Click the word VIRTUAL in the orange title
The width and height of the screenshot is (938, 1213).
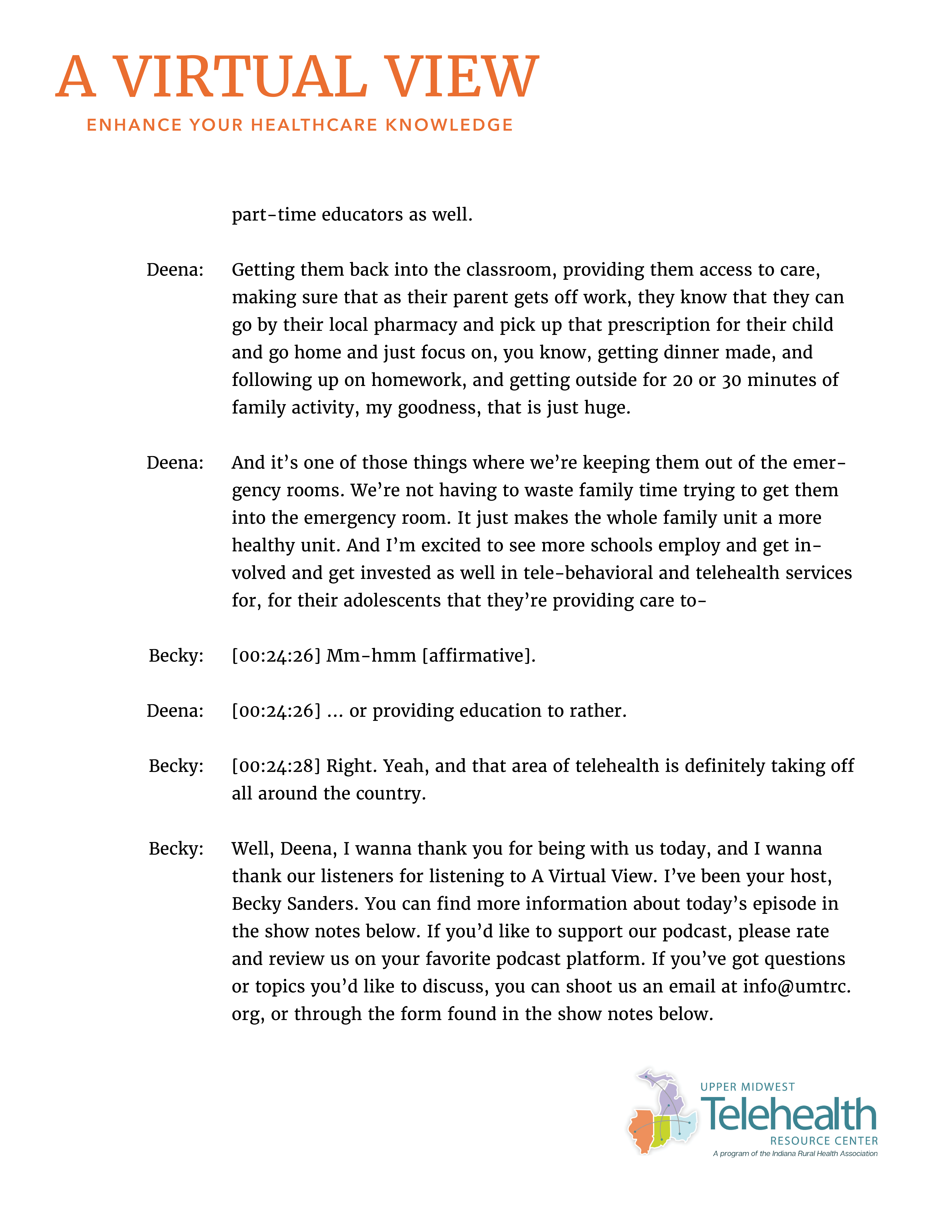coord(240,78)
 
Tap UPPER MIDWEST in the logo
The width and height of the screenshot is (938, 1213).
coord(747,1087)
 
